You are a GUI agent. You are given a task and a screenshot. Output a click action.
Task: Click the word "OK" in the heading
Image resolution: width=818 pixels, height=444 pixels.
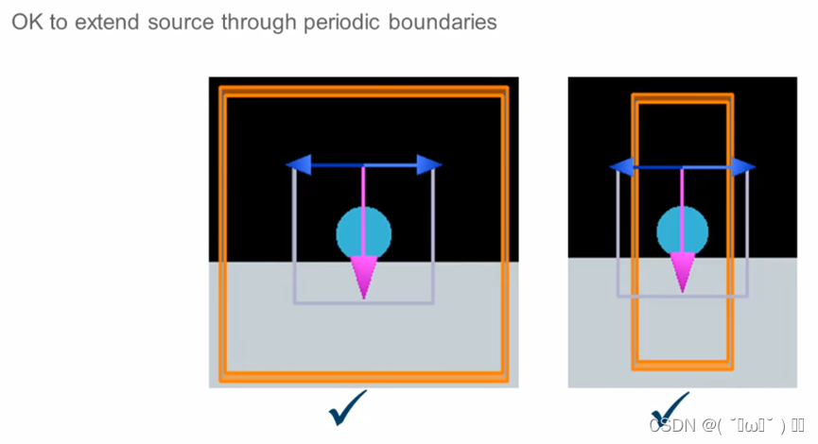tap(26, 22)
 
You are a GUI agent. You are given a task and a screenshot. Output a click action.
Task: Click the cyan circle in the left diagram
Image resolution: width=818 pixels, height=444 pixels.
tap(364, 232)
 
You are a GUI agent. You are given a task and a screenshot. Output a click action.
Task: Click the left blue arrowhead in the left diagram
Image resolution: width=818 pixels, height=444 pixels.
tap(299, 166)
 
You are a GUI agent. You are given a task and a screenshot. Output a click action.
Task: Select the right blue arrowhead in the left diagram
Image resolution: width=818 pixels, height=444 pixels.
tap(428, 165)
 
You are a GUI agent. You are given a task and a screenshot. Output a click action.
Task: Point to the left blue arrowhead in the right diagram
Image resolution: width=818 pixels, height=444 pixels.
tap(622, 167)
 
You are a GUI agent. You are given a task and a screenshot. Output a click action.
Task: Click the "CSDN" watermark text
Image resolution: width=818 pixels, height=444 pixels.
tap(671, 425)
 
